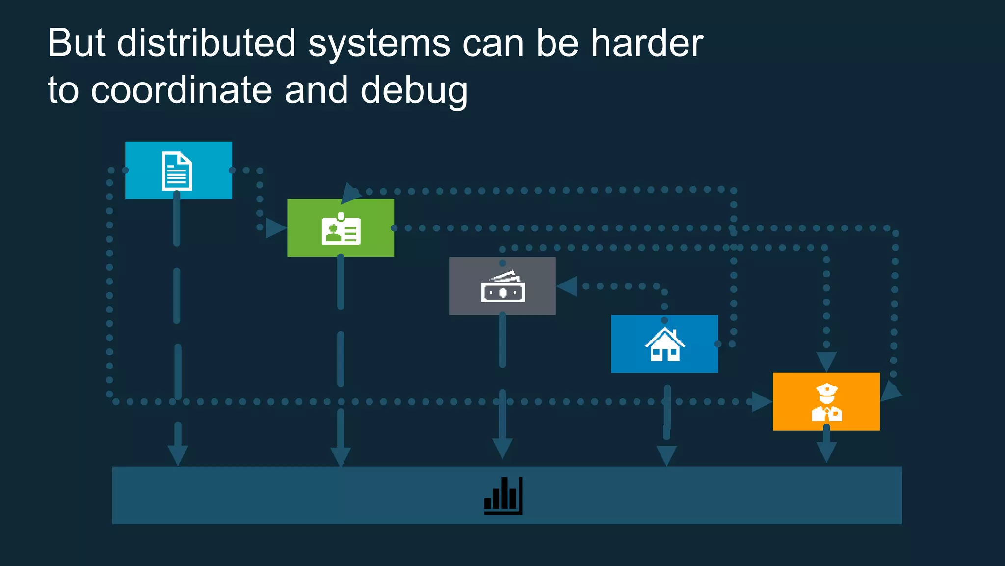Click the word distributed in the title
(x=206, y=43)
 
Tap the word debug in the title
(x=414, y=90)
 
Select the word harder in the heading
(x=647, y=43)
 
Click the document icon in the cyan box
(x=177, y=171)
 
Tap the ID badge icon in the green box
(x=341, y=229)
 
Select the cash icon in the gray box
(x=503, y=287)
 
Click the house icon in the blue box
(x=664, y=345)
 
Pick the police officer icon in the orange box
(x=827, y=402)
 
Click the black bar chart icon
(x=503, y=495)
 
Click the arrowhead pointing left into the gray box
(x=567, y=286)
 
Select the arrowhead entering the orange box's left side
(x=761, y=402)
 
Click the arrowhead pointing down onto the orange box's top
(x=826, y=362)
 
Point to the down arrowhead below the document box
(x=178, y=455)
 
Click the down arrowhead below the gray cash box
(x=502, y=448)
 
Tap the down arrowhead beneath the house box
(x=666, y=455)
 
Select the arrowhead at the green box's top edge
(x=350, y=193)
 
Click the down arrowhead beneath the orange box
(x=826, y=451)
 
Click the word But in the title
(x=76, y=43)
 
